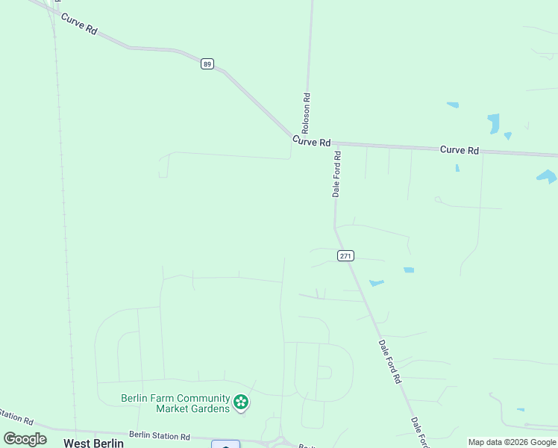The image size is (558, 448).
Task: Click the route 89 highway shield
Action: (x=207, y=64)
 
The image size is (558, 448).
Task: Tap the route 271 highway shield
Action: (x=345, y=256)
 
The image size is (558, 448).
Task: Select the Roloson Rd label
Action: (x=306, y=113)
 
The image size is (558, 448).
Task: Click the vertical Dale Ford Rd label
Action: (x=337, y=174)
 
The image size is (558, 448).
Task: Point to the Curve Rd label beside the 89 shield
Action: (x=80, y=24)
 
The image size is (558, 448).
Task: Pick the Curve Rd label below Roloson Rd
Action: (x=311, y=141)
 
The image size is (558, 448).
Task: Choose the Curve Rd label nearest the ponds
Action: (x=459, y=150)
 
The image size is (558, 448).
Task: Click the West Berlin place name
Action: (x=93, y=443)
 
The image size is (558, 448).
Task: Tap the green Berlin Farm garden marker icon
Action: (x=241, y=403)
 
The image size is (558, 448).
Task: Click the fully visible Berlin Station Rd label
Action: (x=160, y=435)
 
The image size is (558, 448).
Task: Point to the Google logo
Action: (x=25, y=439)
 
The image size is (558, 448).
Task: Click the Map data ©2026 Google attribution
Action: (x=512, y=442)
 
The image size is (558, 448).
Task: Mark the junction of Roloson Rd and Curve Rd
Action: (x=306, y=139)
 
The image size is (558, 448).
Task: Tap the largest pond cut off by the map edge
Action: (x=547, y=177)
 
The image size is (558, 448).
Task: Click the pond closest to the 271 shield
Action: (x=376, y=283)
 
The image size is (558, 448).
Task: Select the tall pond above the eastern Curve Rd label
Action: (x=493, y=123)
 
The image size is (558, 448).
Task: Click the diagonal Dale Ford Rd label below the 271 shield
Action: (x=389, y=362)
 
